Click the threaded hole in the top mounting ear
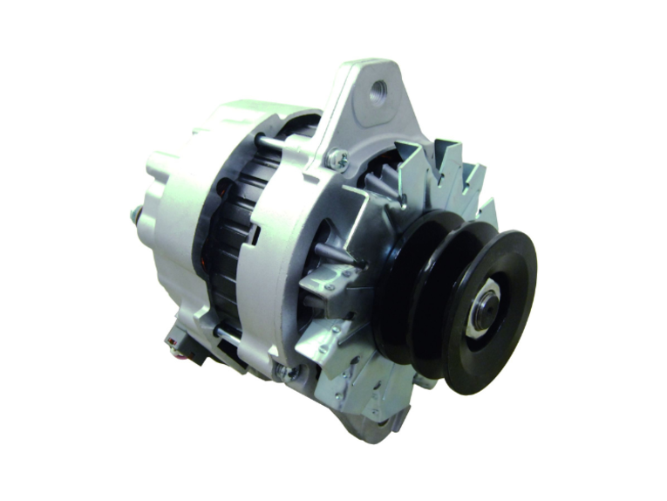pos(378,91)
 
